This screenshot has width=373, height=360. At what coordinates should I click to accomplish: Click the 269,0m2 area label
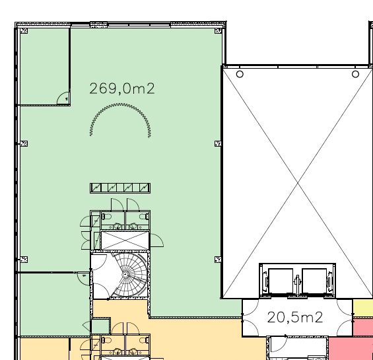coord(122,89)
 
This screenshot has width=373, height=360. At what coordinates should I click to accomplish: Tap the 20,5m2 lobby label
coord(295,317)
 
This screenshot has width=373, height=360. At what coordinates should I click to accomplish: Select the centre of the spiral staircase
coord(125,275)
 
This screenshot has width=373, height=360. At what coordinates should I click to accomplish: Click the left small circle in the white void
coord(240,74)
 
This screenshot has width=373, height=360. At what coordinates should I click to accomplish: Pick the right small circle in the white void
coord(355,74)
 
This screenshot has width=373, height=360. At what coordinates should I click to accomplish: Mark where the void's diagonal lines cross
coord(298,182)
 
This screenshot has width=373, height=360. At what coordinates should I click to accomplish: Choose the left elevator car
coord(281,281)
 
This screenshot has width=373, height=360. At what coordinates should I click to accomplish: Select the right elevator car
coord(314,281)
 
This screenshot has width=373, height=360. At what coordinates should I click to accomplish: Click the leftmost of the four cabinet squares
coord(96,188)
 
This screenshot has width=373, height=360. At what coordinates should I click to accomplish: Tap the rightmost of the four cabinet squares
coord(145,188)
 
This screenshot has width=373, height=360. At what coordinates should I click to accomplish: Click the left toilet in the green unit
coord(106,217)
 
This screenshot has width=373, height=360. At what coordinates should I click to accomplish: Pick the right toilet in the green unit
coord(144,217)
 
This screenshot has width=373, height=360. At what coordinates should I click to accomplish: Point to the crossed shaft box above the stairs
coord(125,240)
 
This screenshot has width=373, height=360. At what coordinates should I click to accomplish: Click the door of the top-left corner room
coord(63,98)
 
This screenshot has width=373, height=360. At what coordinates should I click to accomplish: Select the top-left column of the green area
coord(24,30)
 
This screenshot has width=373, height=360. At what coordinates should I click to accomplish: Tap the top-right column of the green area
coord(218,30)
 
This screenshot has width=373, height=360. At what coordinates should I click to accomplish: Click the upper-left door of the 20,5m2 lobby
coord(250,306)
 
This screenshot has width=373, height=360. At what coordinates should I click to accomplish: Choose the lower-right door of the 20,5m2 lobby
coord(345,328)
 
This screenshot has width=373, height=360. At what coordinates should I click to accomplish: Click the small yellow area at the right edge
coord(363,307)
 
